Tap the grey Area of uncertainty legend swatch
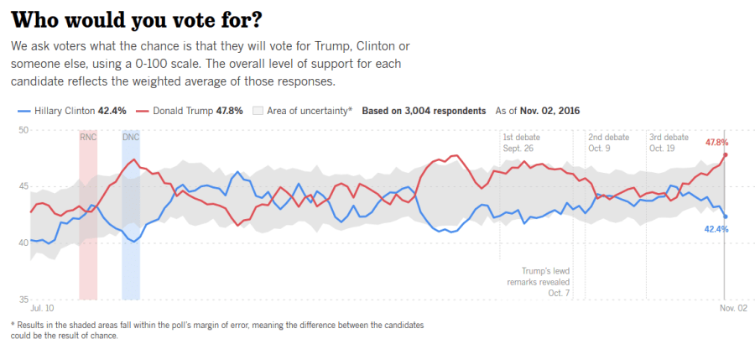point(258,110)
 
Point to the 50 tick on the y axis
point(23,129)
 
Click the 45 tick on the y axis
point(23,186)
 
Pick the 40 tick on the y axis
point(23,243)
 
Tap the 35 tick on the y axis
point(23,299)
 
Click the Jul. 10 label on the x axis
point(42,309)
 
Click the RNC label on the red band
point(88,137)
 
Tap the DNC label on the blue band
point(131,137)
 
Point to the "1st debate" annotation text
point(522,137)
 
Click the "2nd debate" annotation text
point(608,137)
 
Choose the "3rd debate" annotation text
point(669,137)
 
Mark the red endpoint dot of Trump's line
point(725,154)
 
